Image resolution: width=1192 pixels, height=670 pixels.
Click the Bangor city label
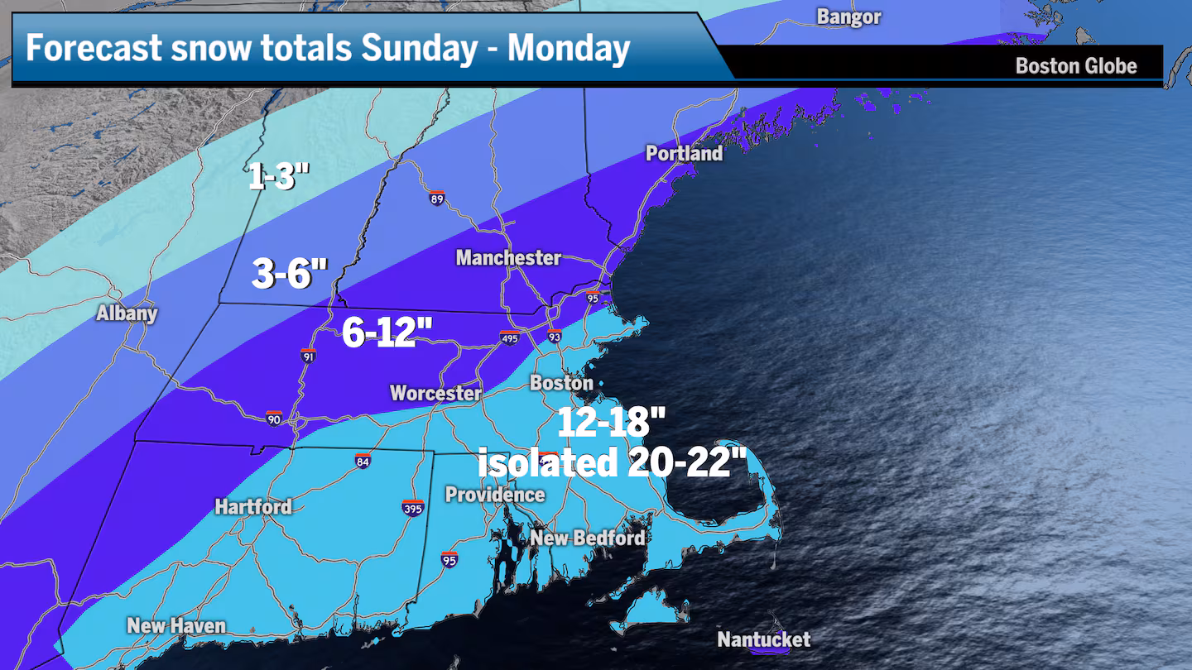coord(848,17)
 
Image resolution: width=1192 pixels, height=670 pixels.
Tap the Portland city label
coord(684,153)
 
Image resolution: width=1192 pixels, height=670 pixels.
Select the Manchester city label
coord(508,258)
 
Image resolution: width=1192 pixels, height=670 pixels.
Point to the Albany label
coord(127,313)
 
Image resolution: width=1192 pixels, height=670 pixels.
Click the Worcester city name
coord(435,393)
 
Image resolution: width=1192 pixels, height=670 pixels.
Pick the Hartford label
coord(253,506)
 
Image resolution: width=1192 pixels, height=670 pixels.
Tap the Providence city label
coord(495,495)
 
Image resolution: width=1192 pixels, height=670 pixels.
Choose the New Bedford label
coord(588,538)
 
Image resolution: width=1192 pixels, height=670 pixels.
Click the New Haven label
coord(176,625)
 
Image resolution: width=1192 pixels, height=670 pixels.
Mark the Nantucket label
coord(763,639)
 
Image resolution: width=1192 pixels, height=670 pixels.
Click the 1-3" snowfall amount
coord(279,176)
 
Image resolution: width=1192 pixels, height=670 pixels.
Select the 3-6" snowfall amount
coord(290,274)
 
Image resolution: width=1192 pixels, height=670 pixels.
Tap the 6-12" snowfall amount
coord(387,334)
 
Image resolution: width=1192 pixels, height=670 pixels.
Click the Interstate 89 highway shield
coord(437,198)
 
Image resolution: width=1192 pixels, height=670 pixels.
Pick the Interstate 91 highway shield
coord(308,355)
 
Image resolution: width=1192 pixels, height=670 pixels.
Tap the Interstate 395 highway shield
coord(413,507)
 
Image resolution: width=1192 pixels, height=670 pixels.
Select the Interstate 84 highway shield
coord(363,460)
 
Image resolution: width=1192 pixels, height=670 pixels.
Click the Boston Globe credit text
coord(1075,66)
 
